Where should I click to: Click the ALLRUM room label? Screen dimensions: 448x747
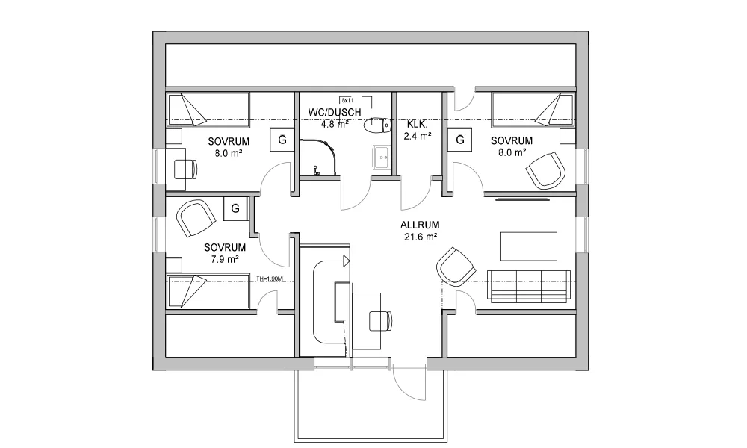pos(418,224)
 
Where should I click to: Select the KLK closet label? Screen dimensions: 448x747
pos(416,124)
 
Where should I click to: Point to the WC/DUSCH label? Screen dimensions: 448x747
pos(335,113)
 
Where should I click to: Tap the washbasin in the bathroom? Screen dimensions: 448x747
pos(382,157)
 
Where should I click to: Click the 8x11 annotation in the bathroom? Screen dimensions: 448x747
pos(347,99)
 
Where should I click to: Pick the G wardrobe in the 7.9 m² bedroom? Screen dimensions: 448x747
pos(235,208)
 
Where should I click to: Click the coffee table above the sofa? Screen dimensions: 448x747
pos(528,245)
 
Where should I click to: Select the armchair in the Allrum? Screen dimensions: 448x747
pos(455,266)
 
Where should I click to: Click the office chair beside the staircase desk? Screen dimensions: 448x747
pos(379,320)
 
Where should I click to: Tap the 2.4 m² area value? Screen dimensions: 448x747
pos(418,137)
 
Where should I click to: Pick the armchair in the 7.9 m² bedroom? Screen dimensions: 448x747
pos(195,220)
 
